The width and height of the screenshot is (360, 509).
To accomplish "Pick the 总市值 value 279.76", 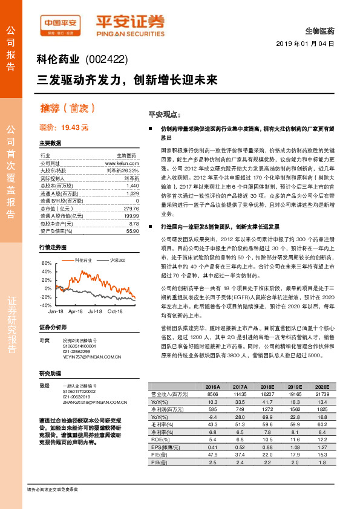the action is pos(131,208).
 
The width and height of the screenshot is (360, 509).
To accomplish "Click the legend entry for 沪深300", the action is pos(116,260).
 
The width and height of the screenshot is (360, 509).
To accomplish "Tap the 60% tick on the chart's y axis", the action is pos(46,264).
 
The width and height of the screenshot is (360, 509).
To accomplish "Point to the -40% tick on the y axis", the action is pos(45,305).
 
